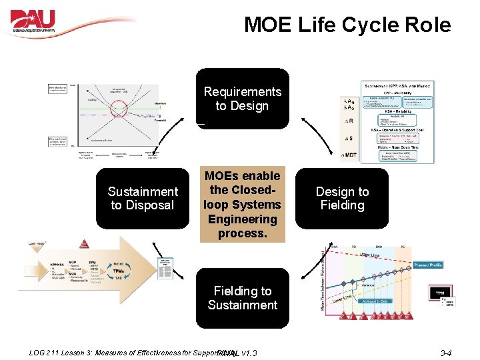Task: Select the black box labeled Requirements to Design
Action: [242, 99]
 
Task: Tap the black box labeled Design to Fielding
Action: [342, 199]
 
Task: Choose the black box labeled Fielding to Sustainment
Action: [242, 298]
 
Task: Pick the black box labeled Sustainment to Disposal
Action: [143, 199]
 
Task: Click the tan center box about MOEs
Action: [242, 204]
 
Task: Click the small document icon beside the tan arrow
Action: [164, 270]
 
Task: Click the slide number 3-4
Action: [445, 353]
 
